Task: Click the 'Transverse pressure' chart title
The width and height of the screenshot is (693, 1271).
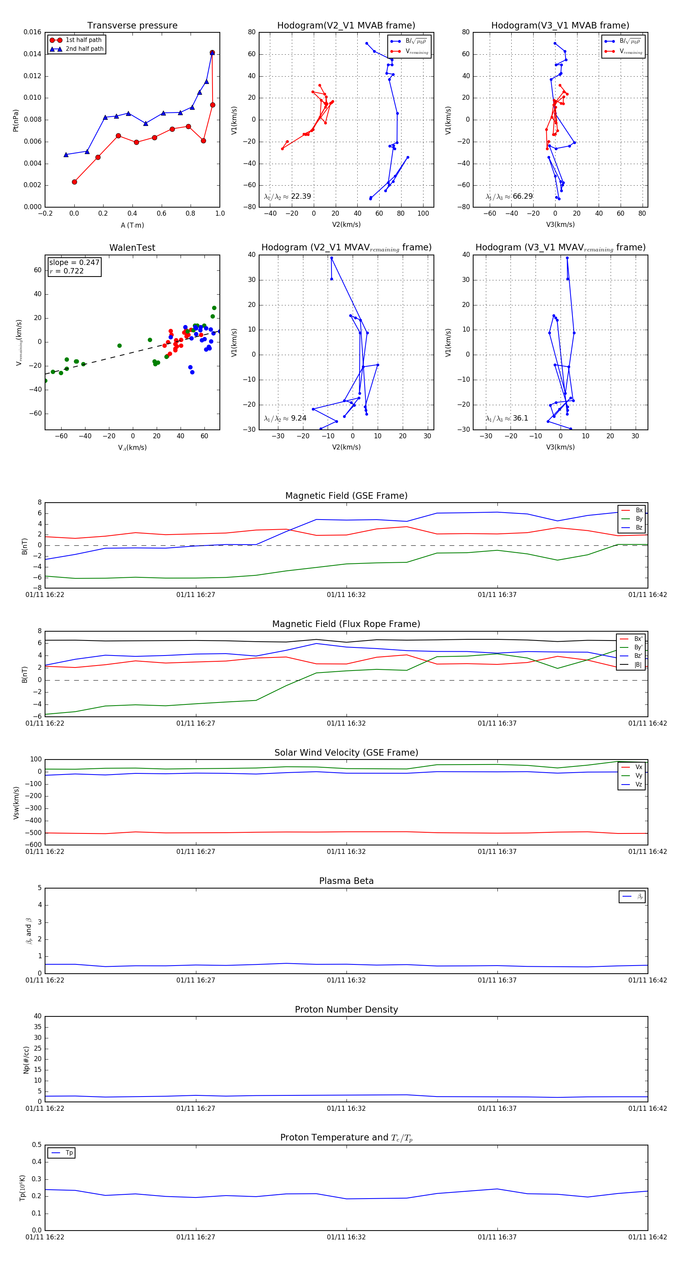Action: coord(132,26)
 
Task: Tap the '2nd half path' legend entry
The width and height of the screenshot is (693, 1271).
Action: coord(84,49)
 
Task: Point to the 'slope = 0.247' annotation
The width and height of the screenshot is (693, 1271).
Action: coord(74,263)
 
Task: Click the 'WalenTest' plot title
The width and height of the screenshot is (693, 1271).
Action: coord(132,248)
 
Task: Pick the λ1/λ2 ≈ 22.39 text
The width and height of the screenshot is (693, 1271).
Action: coord(287,196)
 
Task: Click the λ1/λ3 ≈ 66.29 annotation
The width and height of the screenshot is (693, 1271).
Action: coord(509,196)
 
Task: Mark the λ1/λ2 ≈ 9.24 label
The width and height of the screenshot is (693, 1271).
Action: coord(285,418)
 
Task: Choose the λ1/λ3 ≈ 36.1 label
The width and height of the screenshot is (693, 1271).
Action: coord(507,418)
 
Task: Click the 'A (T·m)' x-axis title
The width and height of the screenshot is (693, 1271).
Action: coord(132,225)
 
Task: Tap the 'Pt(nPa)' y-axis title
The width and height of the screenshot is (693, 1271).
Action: coord(16,120)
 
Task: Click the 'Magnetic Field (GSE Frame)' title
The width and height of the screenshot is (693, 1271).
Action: coord(346,496)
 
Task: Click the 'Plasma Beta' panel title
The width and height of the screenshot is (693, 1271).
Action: coord(346,881)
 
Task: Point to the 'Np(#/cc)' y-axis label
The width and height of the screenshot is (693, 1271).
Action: coord(26,1060)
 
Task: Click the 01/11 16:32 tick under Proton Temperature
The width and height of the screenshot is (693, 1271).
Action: coord(346,1237)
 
